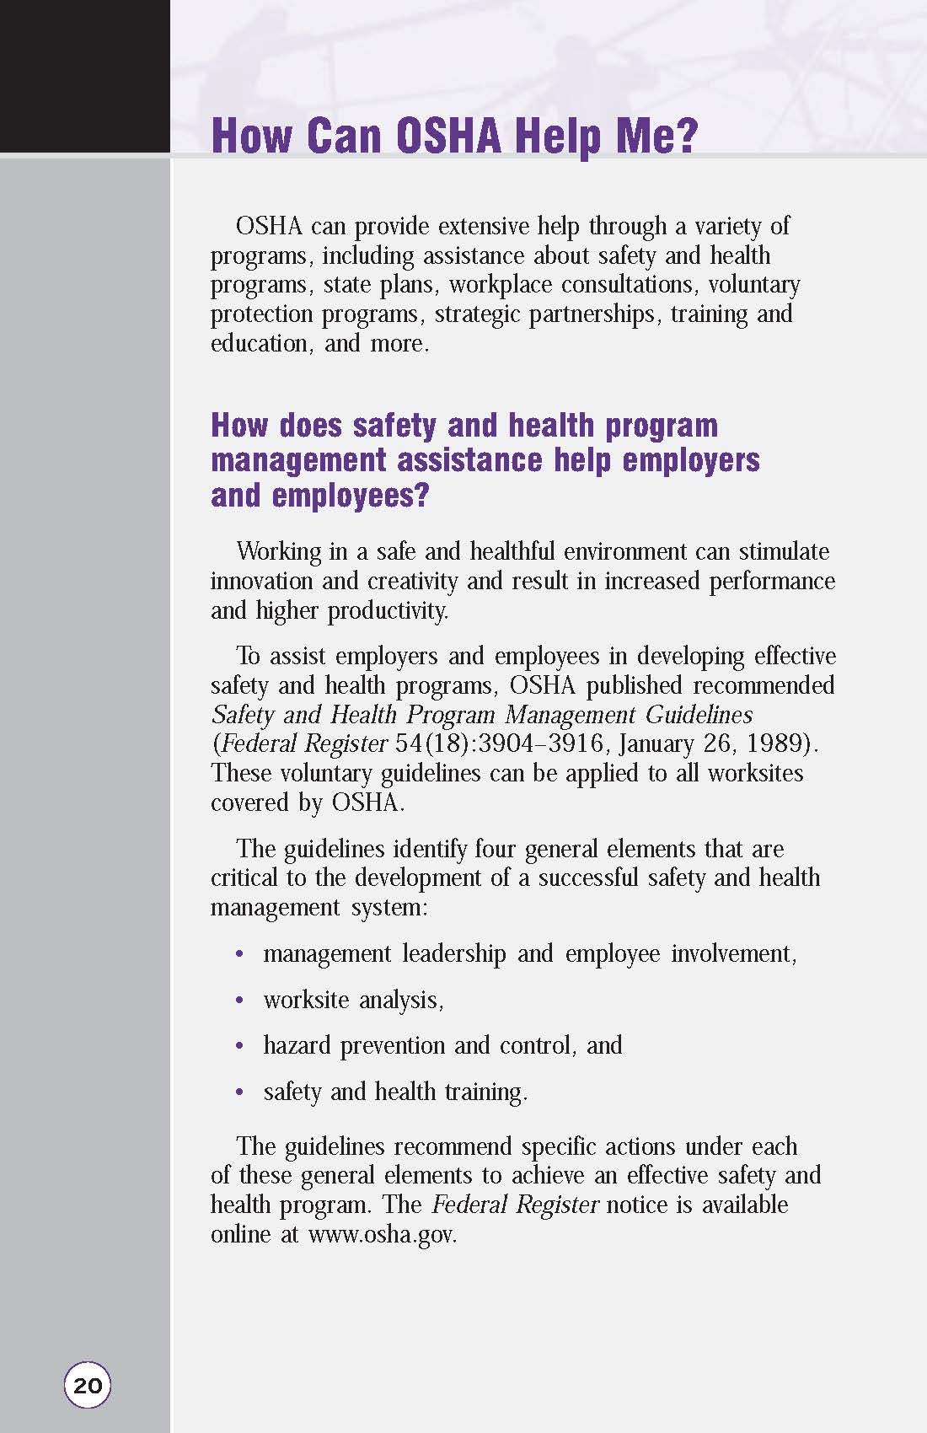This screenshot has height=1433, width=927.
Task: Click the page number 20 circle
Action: point(88,1385)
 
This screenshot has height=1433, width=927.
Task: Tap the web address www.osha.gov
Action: point(383,1234)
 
